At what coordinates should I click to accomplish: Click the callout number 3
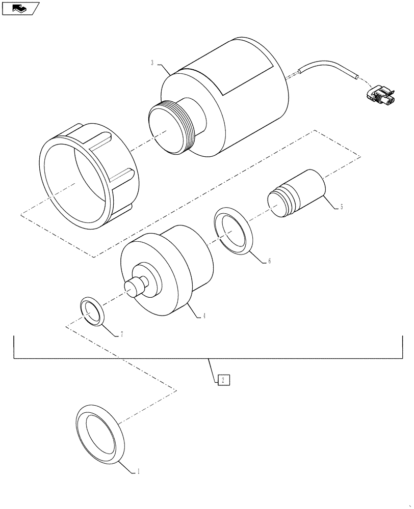tap(152, 63)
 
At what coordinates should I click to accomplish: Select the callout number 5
tap(341, 207)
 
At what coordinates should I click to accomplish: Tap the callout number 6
tap(269, 261)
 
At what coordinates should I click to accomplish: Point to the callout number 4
tap(204, 316)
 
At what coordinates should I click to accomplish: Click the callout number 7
tap(122, 334)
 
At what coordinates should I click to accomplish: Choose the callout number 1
tap(137, 472)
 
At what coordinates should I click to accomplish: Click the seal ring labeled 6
tap(233, 231)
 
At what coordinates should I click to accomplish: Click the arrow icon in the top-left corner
tap(20, 8)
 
